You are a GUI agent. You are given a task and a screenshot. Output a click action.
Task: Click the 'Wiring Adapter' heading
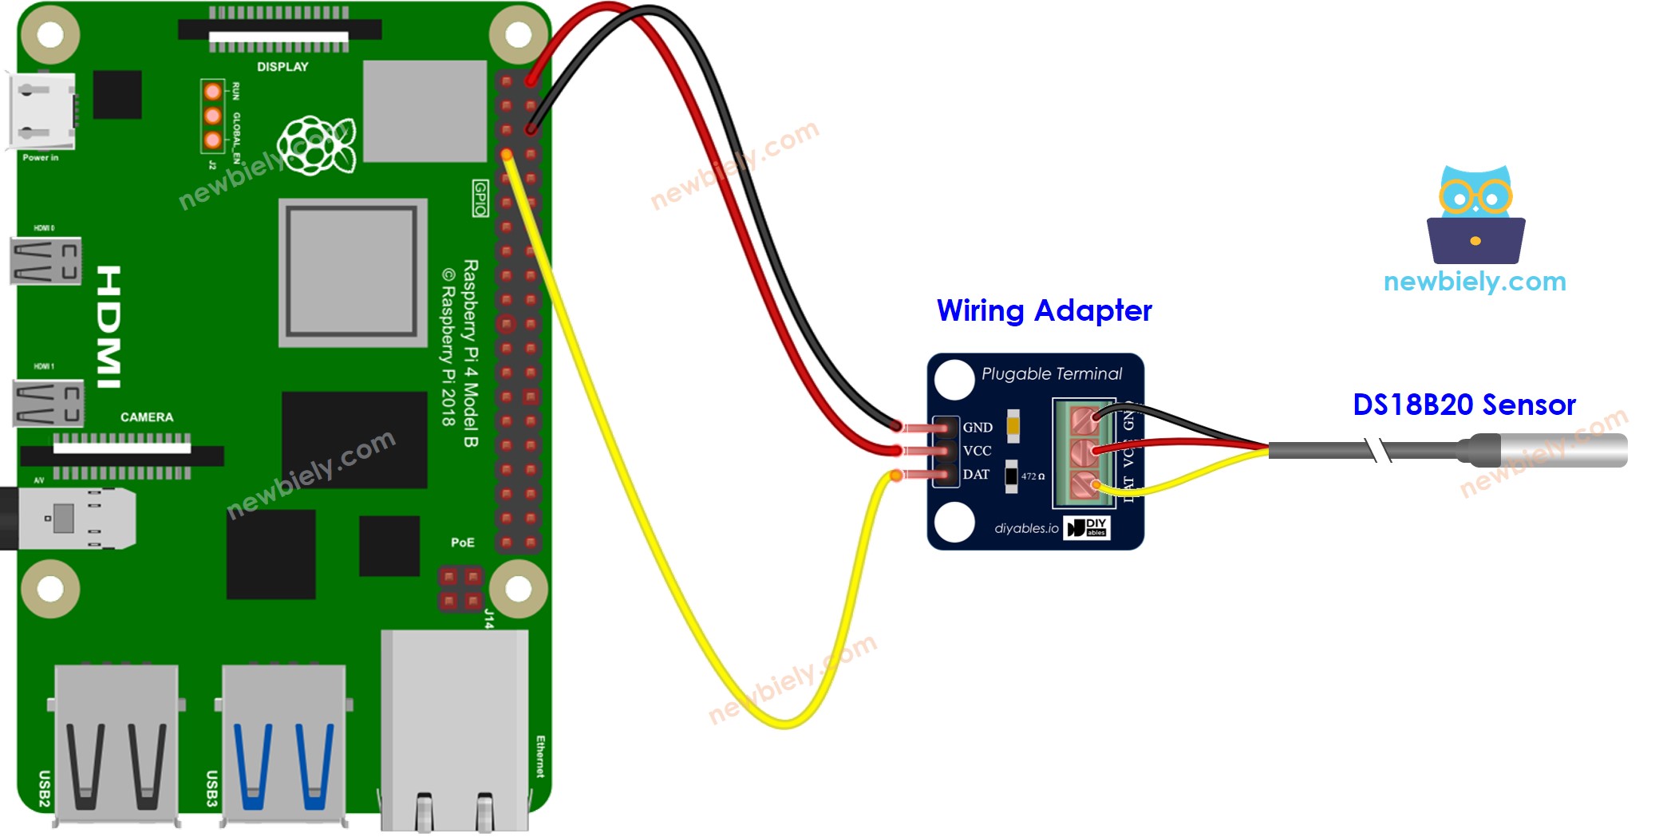click(1044, 310)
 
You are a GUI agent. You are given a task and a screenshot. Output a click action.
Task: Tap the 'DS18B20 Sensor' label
click(1463, 405)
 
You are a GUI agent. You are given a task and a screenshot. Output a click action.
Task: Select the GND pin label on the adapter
click(978, 428)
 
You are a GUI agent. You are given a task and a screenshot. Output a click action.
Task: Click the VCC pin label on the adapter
click(978, 451)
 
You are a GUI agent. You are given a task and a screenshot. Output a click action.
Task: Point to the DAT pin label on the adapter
click(976, 475)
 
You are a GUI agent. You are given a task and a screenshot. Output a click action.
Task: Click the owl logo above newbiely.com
click(1475, 215)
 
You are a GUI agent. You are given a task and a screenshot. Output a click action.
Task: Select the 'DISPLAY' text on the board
click(282, 67)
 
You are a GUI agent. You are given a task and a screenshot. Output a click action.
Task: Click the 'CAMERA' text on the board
click(147, 417)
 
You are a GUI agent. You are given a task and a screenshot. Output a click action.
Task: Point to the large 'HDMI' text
click(109, 327)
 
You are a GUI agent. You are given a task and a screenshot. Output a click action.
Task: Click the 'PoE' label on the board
click(462, 543)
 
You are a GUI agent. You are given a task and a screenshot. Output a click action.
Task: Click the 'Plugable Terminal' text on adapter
click(1051, 373)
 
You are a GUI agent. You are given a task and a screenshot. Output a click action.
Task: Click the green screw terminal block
click(1084, 453)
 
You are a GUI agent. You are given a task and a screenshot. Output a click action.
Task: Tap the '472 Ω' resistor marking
click(1033, 476)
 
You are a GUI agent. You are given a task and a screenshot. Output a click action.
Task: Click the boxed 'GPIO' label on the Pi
click(480, 198)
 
